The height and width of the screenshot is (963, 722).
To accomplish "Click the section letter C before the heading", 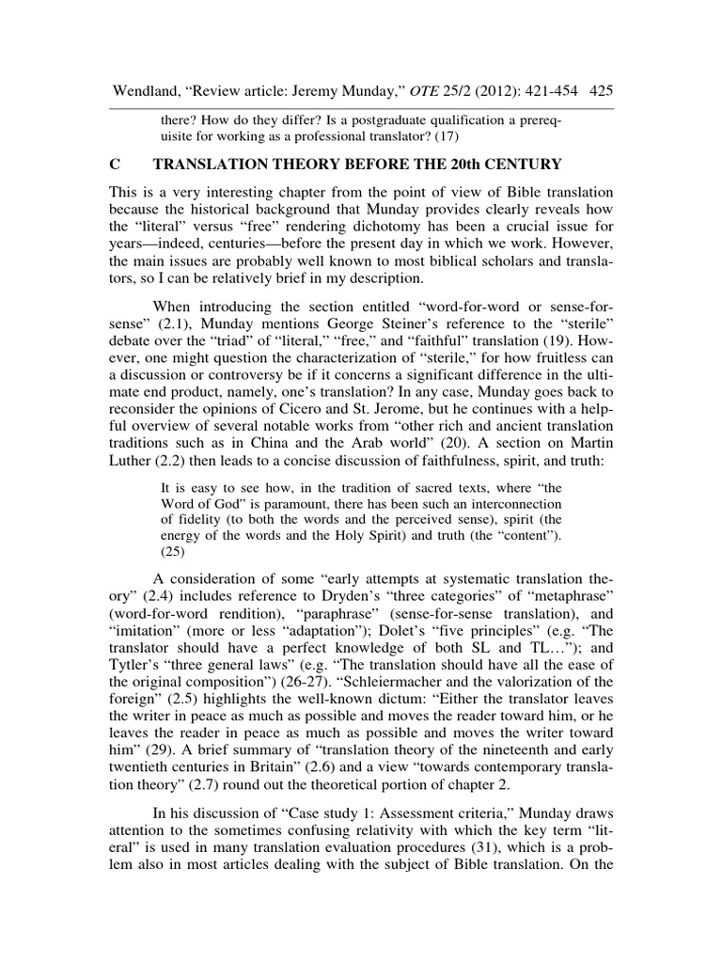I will point(115,165).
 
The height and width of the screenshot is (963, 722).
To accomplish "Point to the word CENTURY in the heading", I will point(526,165).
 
